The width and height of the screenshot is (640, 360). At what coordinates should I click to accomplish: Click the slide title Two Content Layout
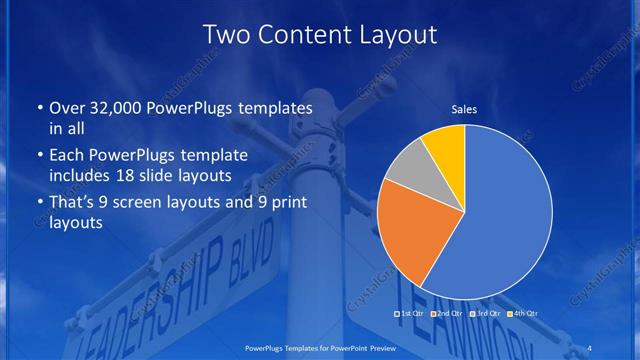(x=319, y=35)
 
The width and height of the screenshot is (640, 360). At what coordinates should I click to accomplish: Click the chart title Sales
(x=464, y=105)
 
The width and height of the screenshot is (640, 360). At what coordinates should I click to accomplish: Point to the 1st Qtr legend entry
(x=411, y=315)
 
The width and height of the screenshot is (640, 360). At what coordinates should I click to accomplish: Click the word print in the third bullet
(x=281, y=204)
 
